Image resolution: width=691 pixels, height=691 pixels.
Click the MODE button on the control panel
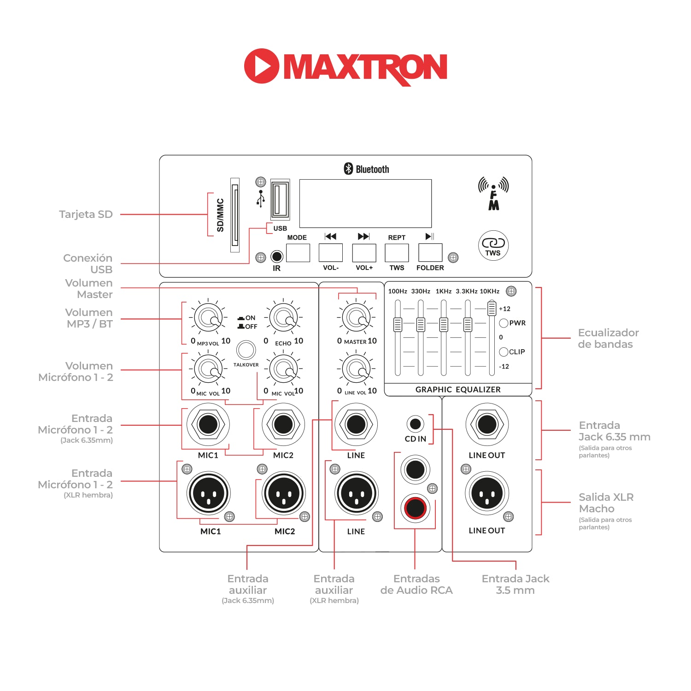point(298,252)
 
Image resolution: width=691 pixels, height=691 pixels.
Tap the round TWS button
point(493,246)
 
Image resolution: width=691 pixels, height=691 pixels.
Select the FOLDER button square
point(430,252)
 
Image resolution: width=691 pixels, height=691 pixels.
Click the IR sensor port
point(276,256)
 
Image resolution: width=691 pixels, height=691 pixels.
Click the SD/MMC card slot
point(235,215)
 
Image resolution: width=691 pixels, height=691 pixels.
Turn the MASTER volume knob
point(357,317)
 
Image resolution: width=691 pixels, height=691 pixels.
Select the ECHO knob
point(283,317)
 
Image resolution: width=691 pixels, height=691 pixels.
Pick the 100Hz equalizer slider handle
point(398,324)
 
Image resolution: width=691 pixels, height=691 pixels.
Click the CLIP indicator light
point(504,352)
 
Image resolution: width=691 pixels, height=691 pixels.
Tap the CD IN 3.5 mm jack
point(415,423)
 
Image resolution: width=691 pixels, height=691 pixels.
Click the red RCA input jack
point(415,508)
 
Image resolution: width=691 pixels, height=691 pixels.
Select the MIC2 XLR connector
point(283,493)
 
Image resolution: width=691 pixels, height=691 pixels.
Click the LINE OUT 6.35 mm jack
point(487,424)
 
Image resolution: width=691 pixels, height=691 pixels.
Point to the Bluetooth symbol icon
point(348,169)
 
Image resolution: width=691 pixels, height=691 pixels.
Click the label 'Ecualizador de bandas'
point(608,338)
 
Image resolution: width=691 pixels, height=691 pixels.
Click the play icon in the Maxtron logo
point(261,66)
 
